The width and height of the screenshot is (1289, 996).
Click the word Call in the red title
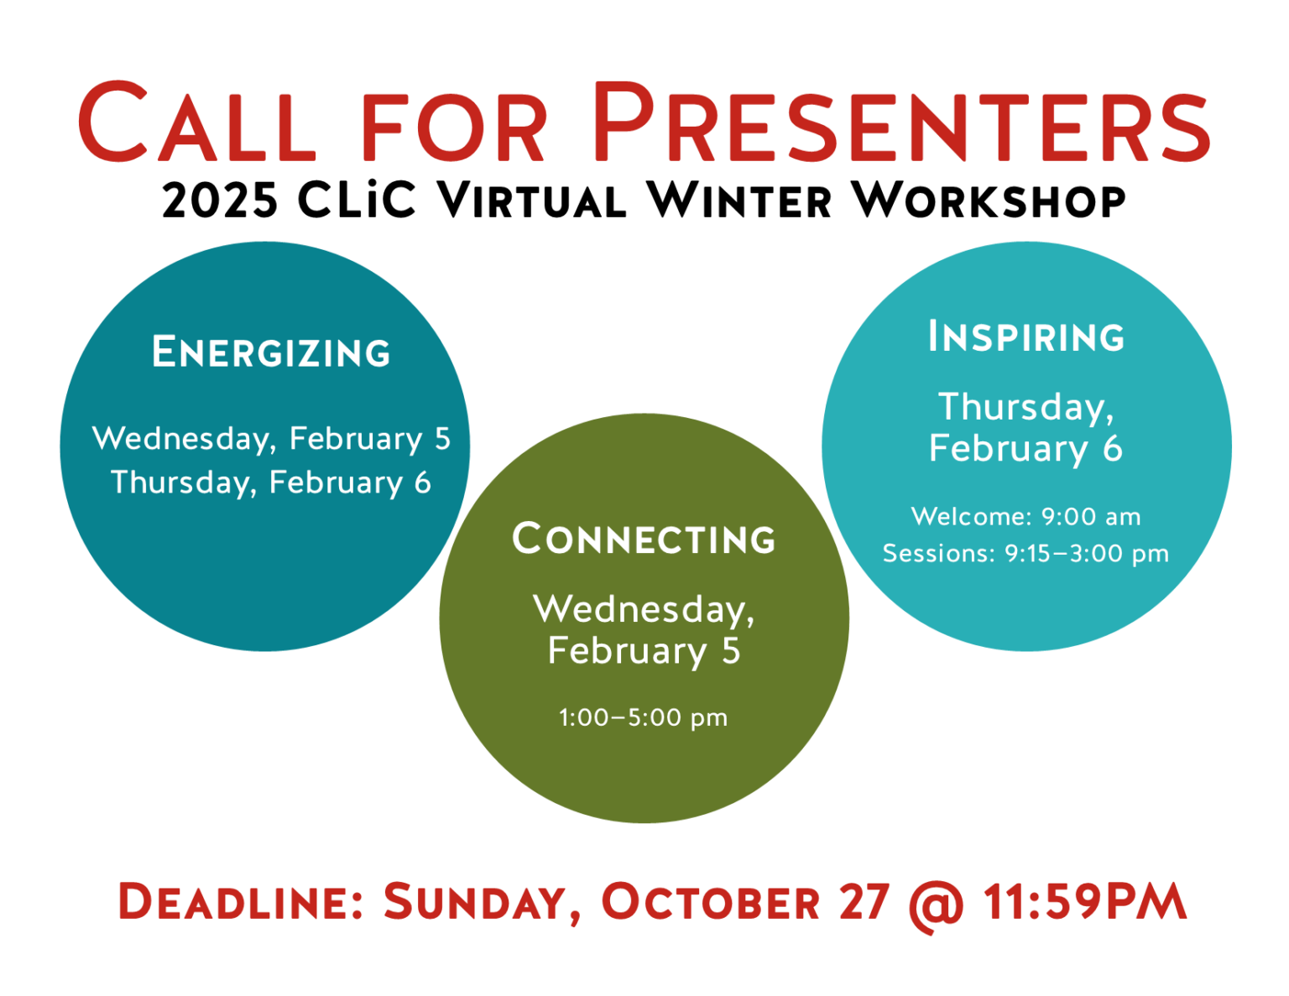tap(197, 121)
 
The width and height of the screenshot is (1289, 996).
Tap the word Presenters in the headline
tap(901, 121)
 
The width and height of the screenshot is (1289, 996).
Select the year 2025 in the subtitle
tap(220, 201)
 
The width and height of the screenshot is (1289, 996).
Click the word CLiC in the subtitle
tap(356, 199)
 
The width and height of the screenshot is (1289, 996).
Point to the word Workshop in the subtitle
tap(989, 200)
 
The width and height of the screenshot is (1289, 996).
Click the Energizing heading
tap(271, 352)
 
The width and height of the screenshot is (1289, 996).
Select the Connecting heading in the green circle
tap(644, 539)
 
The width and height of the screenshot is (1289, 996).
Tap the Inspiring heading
tap(1026, 336)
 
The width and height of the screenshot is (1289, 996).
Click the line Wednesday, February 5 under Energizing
tap(271, 439)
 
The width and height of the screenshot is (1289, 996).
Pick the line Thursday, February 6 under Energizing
tap(271, 482)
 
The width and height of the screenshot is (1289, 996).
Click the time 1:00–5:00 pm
tap(643, 718)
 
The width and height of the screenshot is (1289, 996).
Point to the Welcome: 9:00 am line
tap(1025, 516)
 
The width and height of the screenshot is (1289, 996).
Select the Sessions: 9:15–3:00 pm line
tap(1025, 554)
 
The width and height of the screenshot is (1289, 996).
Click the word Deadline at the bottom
tap(240, 902)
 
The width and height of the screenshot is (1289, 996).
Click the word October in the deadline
tap(711, 902)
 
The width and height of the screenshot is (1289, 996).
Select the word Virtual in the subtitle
tap(531, 200)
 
